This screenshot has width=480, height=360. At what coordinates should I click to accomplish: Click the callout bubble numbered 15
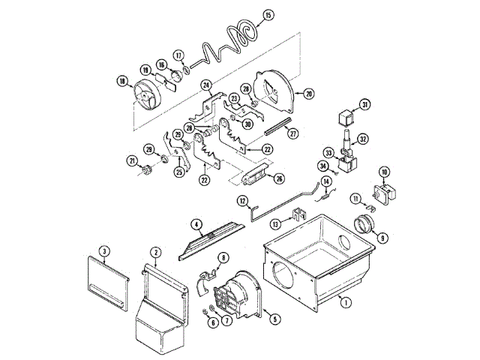pyautogui.click(x=269, y=15)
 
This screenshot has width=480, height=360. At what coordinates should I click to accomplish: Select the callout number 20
pyautogui.click(x=308, y=93)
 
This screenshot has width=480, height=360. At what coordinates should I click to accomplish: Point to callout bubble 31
pyautogui.click(x=364, y=104)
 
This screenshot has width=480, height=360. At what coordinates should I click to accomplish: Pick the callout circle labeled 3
pyautogui.click(x=105, y=250)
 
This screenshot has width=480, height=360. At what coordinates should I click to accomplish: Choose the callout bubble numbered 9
pyautogui.click(x=382, y=238)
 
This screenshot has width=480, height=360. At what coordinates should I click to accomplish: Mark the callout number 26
pyautogui.click(x=280, y=178)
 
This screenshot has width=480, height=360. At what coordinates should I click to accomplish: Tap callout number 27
pyautogui.click(x=293, y=133)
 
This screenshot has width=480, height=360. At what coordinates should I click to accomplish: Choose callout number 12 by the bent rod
pyautogui.click(x=243, y=200)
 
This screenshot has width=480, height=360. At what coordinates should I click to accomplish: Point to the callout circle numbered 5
pyautogui.click(x=274, y=319)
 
